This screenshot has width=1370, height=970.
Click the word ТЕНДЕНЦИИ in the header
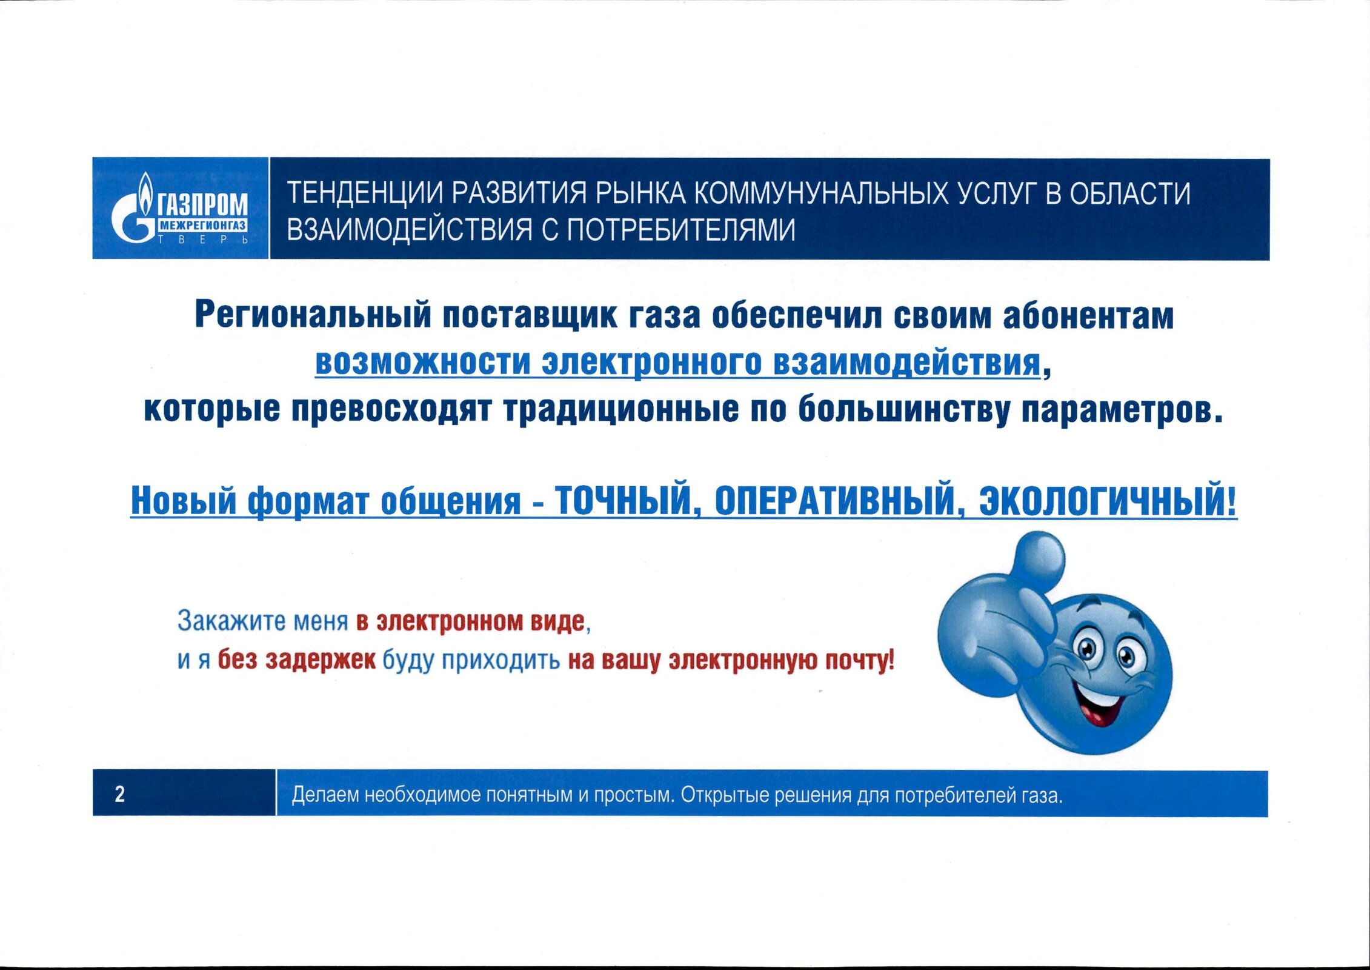(366, 194)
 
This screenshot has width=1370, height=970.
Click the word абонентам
(1088, 316)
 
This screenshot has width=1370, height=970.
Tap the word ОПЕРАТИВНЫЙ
(830, 501)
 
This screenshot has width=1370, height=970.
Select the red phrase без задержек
(296, 660)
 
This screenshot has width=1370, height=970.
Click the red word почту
(860, 660)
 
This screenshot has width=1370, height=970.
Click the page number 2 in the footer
(120, 794)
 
